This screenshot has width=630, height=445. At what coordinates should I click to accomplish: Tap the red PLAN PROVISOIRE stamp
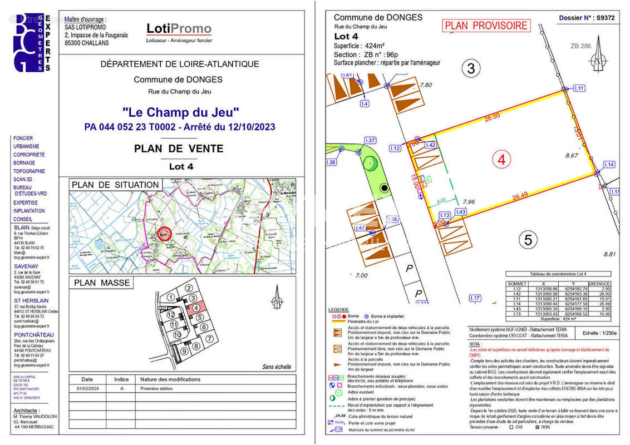(486, 26)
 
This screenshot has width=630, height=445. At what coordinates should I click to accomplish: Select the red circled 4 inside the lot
(502, 160)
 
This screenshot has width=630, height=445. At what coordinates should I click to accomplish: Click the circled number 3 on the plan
(471, 68)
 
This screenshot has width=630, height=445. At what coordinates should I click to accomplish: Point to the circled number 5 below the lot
(528, 240)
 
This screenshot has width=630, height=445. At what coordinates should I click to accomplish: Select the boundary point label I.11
(579, 88)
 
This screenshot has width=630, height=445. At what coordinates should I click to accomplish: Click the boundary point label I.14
(609, 165)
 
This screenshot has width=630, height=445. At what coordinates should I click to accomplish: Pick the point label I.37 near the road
(370, 140)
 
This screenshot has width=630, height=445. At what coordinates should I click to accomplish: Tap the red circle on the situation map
(164, 234)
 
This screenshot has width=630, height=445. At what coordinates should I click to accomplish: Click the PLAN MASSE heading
(102, 283)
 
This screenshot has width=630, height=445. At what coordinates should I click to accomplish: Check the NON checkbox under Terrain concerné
(537, 427)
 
